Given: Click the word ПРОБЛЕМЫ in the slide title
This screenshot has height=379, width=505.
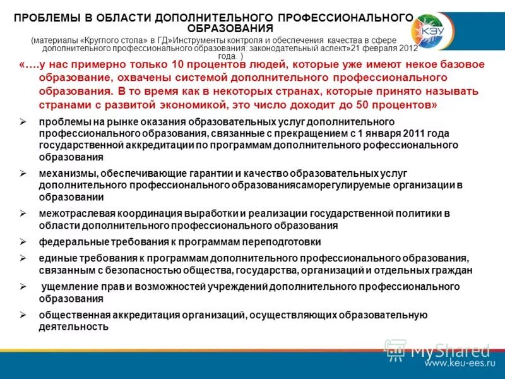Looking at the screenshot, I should coord(45,18).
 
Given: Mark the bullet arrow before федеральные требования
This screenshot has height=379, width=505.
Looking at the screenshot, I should coord(23,241).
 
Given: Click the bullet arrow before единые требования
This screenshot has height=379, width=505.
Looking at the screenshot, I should coord(23,258).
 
